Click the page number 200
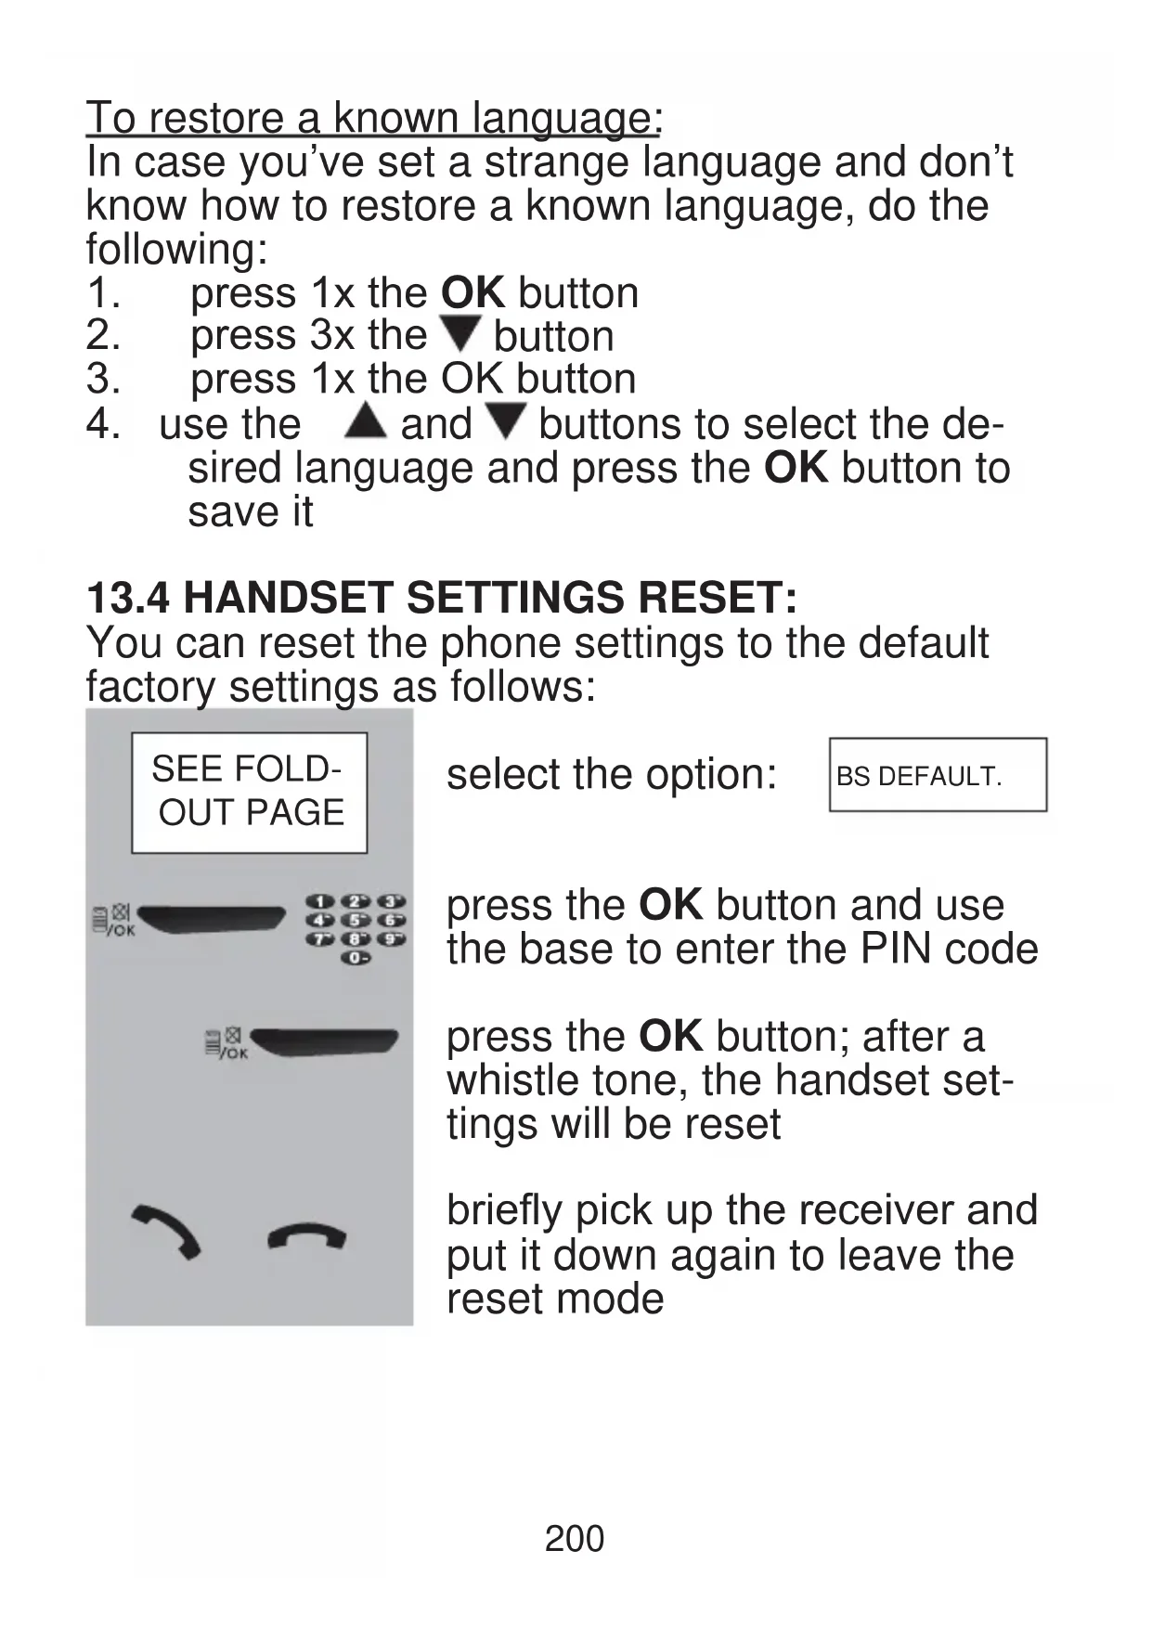point(575,1539)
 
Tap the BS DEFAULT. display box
point(938,775)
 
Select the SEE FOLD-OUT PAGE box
point(249,793)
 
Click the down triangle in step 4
point(507,421)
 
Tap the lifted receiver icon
point(167,1231)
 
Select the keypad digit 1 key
point(320,901)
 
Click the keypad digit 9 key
point(392,939)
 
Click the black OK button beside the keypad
point(212,917)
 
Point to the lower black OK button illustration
point(325,1042)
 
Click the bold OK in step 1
point(472,293)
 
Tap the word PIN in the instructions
point(892,949)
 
